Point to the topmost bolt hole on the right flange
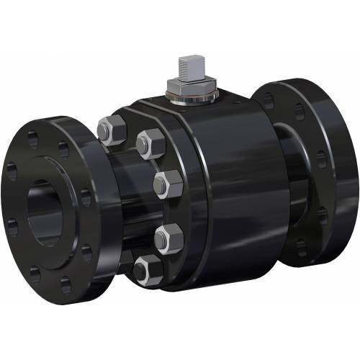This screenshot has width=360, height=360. (x=297, y=110)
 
